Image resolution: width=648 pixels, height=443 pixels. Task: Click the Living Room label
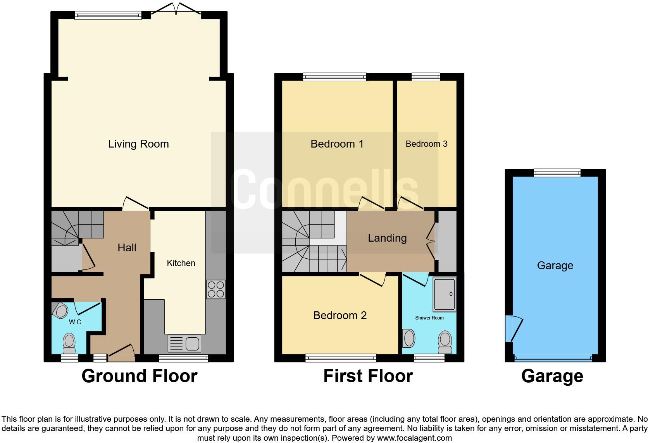click(x=138, y=144)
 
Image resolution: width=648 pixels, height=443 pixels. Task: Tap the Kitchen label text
click(x=181, y=263)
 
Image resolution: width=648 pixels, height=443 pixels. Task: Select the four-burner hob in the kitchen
click(x=216, y=289)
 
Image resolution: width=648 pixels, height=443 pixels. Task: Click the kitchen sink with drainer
click(x=184, y=343)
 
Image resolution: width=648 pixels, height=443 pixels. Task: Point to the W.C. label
click(x=76, y=322)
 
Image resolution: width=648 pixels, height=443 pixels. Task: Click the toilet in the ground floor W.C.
click(x=69, y=343)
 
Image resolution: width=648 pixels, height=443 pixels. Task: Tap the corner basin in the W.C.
click(x=60, y=310)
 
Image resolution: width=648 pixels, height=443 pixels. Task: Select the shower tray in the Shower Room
click(x=444, y=294)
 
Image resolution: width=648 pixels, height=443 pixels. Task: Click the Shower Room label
click(x=429, y=318)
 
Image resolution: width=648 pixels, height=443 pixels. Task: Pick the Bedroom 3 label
click(x=426, y=144)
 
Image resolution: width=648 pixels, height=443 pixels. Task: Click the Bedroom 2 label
click(x=340, y=316)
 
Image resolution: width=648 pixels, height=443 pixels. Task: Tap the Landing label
click(x=387, y=238)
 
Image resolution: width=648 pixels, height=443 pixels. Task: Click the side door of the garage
click(x=514, y=328)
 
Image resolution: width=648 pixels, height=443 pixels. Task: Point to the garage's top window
click(x=557, y=173)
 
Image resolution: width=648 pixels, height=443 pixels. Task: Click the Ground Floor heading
click(x=140, y=376)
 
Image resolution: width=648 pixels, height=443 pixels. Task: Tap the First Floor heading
click(x=368, y=376)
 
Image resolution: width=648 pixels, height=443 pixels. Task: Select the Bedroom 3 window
click(x=426, y=77)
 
